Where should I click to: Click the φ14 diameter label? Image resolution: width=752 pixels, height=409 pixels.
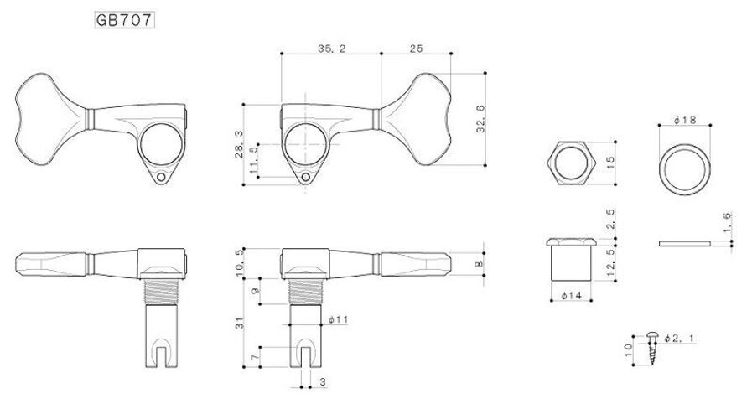click(569, 296)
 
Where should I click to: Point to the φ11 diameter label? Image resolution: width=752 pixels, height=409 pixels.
click(339, 319)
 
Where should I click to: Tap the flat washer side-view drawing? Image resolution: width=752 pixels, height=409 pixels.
click(684, 243)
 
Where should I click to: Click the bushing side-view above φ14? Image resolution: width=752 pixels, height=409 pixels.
click(569, 260)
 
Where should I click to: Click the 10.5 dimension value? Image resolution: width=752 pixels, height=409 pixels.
click(241, 261)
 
